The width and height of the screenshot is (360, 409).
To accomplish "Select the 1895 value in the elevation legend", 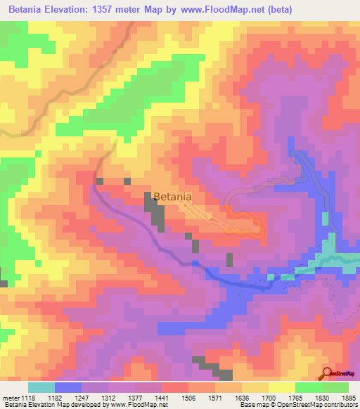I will pos(347,398).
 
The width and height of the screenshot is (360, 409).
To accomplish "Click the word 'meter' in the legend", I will pos(11,398).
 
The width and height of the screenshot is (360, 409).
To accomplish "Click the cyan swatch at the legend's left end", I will pos(41,387).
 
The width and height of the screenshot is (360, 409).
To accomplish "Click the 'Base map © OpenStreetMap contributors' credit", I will pos(298,405).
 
